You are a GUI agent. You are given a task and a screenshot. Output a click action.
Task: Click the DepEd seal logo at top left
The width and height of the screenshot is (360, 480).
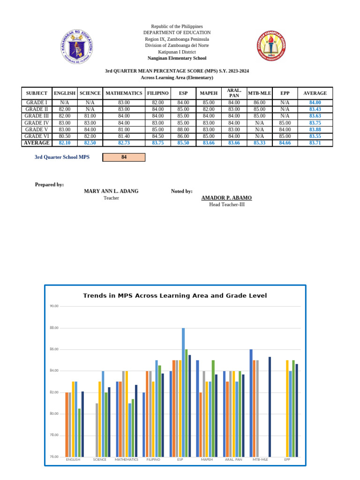pyautogui.click(x=77, y=47)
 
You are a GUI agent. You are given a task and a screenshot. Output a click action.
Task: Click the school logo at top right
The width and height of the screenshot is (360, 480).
pyautogui.click(x=272, y=46)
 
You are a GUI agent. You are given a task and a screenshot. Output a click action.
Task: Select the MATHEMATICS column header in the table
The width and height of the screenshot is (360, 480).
pyautogui.click(x=124, y=93)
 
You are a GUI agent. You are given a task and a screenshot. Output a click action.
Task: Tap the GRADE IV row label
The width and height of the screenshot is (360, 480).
pyautogui.click(x=37, y=123)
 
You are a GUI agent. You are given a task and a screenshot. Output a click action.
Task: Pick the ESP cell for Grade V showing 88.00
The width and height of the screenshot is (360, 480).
pyautogui.click(x=183, y=129)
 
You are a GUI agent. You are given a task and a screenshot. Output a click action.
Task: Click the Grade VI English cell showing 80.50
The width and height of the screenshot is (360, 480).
pyautogui.click(x=65, y=136)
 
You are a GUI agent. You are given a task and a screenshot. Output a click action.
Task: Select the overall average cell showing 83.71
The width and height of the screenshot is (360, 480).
pyautogui.click(x=315, y=143)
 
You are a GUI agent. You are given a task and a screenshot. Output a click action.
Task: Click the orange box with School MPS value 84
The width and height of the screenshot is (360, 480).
pyautogui.click(x=124, y=157)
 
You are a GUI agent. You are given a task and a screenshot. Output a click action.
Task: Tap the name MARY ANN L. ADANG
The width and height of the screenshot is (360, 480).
pyautogui.click(x=111, y=191)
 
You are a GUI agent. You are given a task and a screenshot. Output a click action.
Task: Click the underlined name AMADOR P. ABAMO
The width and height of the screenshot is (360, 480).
pyautogui.click(x=226, y=198)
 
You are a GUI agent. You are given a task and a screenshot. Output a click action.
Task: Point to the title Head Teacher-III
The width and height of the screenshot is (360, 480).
pyautogui.click(x=226, y=204)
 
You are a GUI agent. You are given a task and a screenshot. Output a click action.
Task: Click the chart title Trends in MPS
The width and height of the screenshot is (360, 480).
pyautogui.click(x=175, y=296)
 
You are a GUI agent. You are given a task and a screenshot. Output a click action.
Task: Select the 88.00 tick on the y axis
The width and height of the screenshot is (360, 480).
pyautogui.click(x=54, y=328)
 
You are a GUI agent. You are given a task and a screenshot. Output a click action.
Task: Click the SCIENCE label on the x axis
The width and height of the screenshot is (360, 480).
pyautogui.click(x=99, y=460)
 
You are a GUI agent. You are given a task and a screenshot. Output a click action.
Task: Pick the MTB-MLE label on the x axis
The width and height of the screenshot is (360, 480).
pyautogui.click(x=260, y=460)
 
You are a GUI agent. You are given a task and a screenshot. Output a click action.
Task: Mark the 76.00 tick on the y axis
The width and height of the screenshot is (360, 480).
pyautogui.click(x=54, y=457)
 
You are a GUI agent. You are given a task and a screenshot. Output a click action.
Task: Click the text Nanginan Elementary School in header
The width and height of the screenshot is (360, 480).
pyautogui.click(x=177, y=59)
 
